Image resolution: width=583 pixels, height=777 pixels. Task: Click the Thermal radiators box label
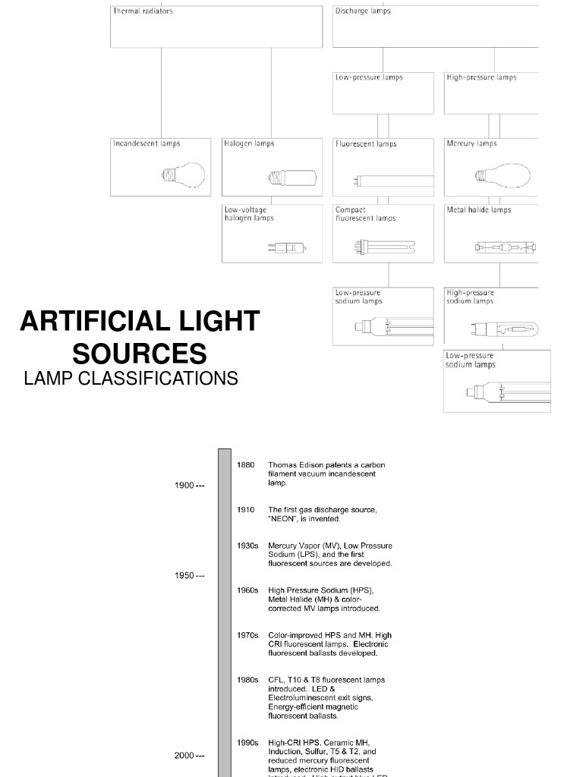(143, 11)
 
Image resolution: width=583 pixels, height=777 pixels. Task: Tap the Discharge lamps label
(363, 11)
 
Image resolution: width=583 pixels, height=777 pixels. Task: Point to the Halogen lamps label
(249, 143)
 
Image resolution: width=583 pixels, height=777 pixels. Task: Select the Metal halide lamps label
(479, 210)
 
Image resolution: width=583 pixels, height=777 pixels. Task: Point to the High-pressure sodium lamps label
(470, 297)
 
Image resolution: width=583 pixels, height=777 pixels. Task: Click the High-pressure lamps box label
(481, 77)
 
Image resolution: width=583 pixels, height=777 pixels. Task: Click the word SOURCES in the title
(140, 354)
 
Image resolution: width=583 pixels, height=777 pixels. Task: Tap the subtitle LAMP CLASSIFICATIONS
(131, 378)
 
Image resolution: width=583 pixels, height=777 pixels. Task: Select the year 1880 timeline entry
(245, 464)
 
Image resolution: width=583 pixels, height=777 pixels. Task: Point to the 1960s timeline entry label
(247, 590)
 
